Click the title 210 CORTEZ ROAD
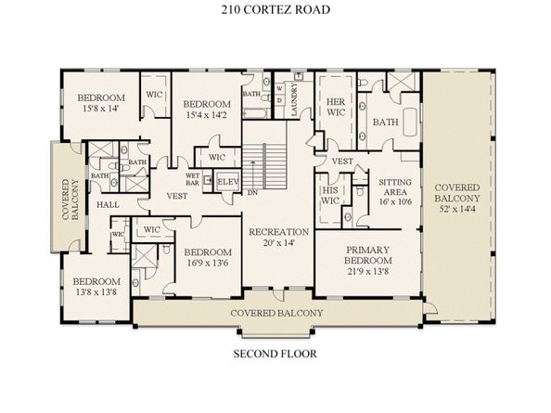pyautogui.click(x=275, y=9)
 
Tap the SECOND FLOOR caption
pyautogui.click(x=275, y=354)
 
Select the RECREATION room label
pyautogui.click(x=278, y=232)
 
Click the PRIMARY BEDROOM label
pyautogui.click(x=368, y=255)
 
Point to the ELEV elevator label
pyautogui.click(x=227, y=182)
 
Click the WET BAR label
pyautogui.click(x=192, y=179)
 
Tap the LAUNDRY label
pyautogui.click(x=294, y=99)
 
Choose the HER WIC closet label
pyautogui.click(x=336, y=108)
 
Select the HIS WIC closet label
pyautogui.click(x=330, y=196)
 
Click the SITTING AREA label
pyautogui.click(x=395, y=187)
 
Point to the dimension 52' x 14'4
pyautogui.click(x=456, y=209)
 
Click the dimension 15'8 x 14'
pyautogui.click(x=100, y=109)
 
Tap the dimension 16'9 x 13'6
pyautogui.click(x=208, y=263)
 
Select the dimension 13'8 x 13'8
pyautogui.click(x=96, y=291)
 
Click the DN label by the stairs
pyautogui.click(x=252, y=193)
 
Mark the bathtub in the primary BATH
pyautogui.click(x=410, y=122)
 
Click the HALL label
pyautogui.click(x=108, y=204)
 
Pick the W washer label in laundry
pyautogui.click(x=280, y=88)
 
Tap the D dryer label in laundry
pyautogui.click(x=280, y=100)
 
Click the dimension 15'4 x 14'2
pyautogui.click(x=208, y=115)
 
